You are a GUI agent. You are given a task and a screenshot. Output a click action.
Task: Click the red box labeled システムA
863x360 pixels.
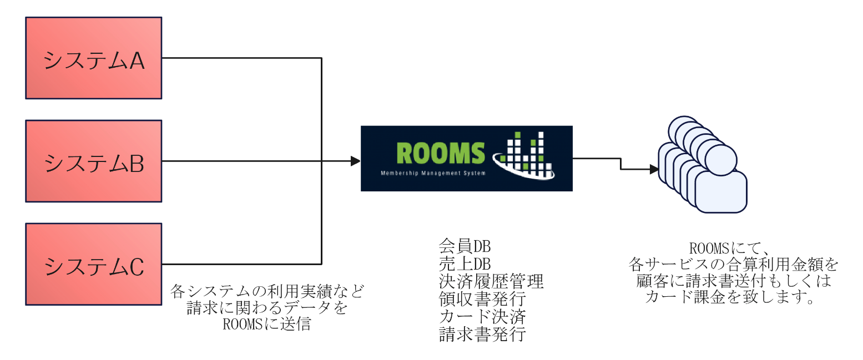point(93,58)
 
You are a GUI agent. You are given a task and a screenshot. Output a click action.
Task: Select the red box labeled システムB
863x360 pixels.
point(93,161)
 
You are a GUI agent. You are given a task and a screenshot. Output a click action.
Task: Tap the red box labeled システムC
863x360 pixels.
point(93,264)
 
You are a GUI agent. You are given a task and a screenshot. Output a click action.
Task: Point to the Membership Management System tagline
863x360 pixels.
point(433,173)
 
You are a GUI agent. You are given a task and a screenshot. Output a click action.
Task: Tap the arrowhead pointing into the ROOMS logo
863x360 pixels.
point(355,161)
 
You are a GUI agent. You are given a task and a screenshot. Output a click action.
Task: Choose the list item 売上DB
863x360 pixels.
point(465,263)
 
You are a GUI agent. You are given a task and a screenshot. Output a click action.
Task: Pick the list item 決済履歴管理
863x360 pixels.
point(491,281)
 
